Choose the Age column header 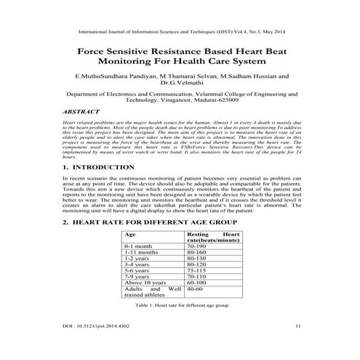click(x=131, y=235)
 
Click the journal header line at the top click(x=180, y=31)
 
